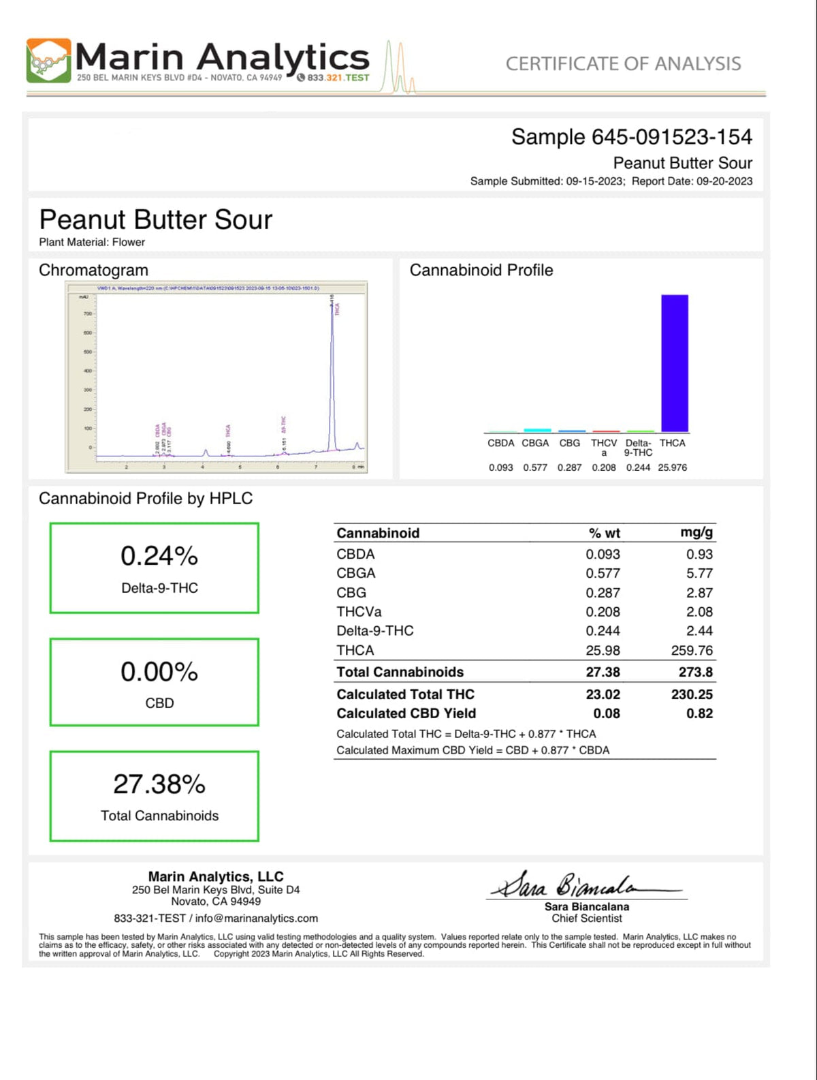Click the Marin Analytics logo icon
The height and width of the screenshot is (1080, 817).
click(x=48, y=61)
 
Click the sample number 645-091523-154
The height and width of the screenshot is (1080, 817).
click(x=671, y=137)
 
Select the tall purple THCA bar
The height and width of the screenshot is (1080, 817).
click(x=674, y=362)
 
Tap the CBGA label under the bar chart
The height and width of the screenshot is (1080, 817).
click(x=535, y=443)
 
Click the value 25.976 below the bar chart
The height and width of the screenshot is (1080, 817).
click(x=672, y=467)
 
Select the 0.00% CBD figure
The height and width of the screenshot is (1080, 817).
click(x=159, y=673)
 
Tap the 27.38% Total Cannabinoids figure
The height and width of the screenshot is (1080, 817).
click(x=159, y=785)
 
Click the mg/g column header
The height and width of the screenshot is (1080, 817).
click(x=696, y=533)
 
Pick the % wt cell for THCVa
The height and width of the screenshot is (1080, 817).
click(x=603, y=612)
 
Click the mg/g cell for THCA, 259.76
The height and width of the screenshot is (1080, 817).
click(x=692, y=651)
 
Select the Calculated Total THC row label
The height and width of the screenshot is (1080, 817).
click(x=405, y=694)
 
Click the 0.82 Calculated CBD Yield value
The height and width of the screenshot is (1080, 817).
click(x=699, y=713)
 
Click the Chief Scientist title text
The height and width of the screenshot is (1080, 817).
click(x=587, y=919)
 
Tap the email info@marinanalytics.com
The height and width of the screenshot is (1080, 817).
click(x=256, y=919)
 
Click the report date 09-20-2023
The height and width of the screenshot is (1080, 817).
click(x=724, y=181)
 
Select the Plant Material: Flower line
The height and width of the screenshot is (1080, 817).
click(x=92, y=242)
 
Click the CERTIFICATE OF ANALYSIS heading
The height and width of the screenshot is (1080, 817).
click(x=623, y=64)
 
